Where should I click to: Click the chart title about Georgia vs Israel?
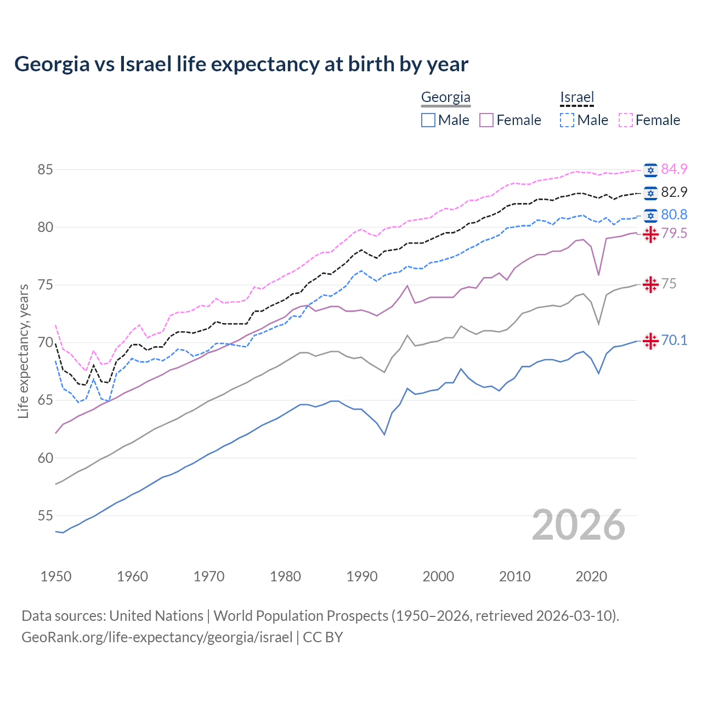coord(241,64)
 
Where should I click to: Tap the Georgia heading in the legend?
coord(445,98)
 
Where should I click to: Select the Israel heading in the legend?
coord(577,98)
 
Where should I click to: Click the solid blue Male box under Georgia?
coord(428,120)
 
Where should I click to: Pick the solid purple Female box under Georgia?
coord(486,120)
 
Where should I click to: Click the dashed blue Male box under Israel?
coord(567,120)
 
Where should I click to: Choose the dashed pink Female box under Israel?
coord(626,120)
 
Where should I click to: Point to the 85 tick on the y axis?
coord(45,169)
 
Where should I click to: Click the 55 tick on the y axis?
coord(45,516)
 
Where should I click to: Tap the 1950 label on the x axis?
coord(56,576)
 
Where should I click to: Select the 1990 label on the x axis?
coord(362,576)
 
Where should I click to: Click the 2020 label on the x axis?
coord(591,576)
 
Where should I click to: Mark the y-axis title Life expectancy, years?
coord(24,351)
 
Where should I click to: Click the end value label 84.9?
coord(674,169)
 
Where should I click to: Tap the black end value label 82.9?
coord(674,192)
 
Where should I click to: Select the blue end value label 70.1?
coord(674,341)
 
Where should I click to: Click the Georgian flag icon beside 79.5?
coord(650,234)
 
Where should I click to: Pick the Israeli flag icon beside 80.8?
coord(650,215)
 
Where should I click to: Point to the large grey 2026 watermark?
coord(578,525)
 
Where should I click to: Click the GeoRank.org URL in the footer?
coord(157,637)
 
